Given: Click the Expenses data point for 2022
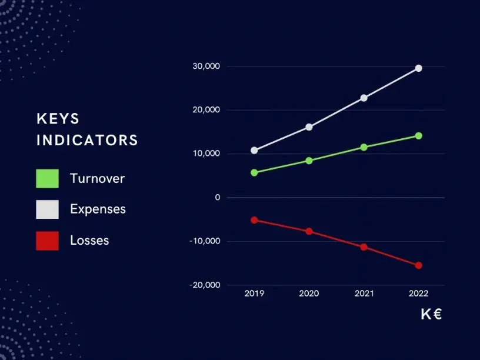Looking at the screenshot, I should pyautogui.click(x=419, y=68).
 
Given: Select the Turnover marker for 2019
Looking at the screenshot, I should pyautogui.click(x=254, y=173).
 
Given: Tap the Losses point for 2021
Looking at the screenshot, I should pyautogui.click(x=364, y=247).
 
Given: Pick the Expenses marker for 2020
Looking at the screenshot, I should pyautogui.click(x=309, y=127).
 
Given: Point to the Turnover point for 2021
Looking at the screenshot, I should pyautogui.click(x=364, y=147).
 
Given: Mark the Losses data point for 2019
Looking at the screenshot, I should pyautogui.click(x=254, y=220).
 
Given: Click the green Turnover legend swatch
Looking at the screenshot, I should pyautogui.click(x=48, y=178).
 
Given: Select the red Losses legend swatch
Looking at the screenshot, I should pyautogui.click(x=48, y=240).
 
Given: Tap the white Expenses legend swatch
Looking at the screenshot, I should pyautogui.click(x=48, y=209).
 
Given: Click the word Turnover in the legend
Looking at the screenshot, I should pyautogui.click(x=97, y=178).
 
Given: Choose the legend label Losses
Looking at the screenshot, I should pyautogui.click(x=89, y=240).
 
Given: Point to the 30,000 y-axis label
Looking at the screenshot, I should pyautogui.click(x=206, y=66).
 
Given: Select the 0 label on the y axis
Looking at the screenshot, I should pyautogui.click(x=218, y=198).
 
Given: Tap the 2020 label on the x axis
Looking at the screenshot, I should pyautogui.click(x=309, y=293).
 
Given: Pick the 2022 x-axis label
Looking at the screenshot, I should pyautogui.click(x=419, y=293).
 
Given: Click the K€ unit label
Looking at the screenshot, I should pyautogui.click(x=431, y=314).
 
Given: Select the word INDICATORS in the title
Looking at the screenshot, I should pyautogui.click(x=87, y=141).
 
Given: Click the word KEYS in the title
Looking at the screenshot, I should pyautogui.click(x=58, y=118).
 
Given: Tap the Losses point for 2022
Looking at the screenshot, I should pyautogui.click(x=419, y=265).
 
